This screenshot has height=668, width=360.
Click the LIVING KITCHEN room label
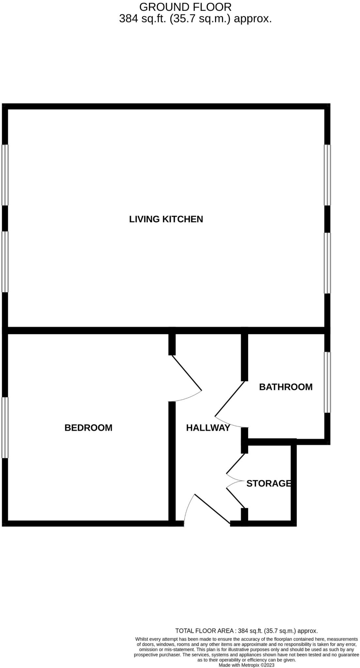tap(166, 219)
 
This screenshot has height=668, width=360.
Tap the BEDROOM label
tap(88, 428)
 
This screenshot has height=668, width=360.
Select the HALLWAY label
tap(208, 428)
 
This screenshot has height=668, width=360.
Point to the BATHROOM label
tap(286, 387)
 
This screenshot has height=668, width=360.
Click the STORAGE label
tap(268, 483)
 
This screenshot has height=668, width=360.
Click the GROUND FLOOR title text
tap(185, 7)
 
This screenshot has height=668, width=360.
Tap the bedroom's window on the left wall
tap(5, 427)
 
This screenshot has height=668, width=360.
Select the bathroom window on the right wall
tap(327, 382)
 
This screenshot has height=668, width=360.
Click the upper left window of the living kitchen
tap(5, 175)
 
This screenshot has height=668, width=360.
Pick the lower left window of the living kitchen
tap(5, 262)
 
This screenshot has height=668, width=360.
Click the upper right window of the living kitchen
tap(327, 175)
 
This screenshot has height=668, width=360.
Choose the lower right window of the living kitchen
tap(327, 263)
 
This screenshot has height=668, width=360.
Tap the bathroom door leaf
tap(230, 399)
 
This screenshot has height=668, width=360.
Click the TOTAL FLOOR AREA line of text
tap(246, 631)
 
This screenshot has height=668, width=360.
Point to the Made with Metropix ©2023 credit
tap(246, 665)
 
